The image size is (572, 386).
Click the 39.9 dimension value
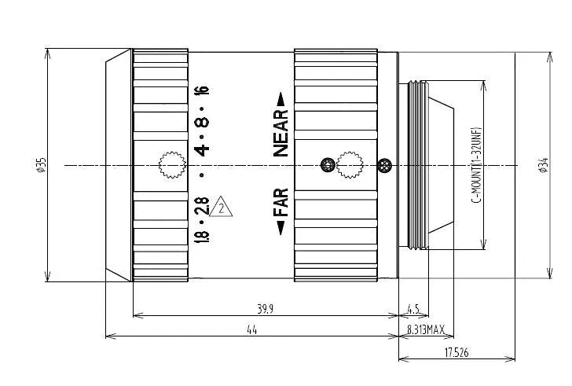point(266,309)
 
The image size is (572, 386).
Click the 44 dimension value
point(252,331)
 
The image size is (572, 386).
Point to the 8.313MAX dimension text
point(426,331)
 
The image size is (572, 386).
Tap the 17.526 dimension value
point(456,353)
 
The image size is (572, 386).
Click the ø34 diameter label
point(542,164)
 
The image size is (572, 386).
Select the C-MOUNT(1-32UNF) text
point(476,165)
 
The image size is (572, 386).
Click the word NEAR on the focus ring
point(281,133)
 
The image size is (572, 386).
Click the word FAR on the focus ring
point(281,203)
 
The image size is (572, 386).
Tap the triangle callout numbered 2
point(223,208)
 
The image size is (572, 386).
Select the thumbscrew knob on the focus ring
point(347,164)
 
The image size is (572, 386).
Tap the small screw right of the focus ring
point(385,164)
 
